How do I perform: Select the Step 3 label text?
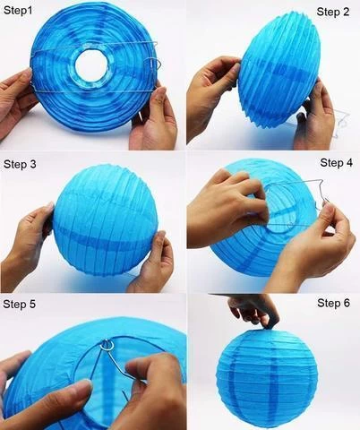point(20,165)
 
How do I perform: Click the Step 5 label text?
point(20,305)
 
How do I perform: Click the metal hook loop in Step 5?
point(107,344)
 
